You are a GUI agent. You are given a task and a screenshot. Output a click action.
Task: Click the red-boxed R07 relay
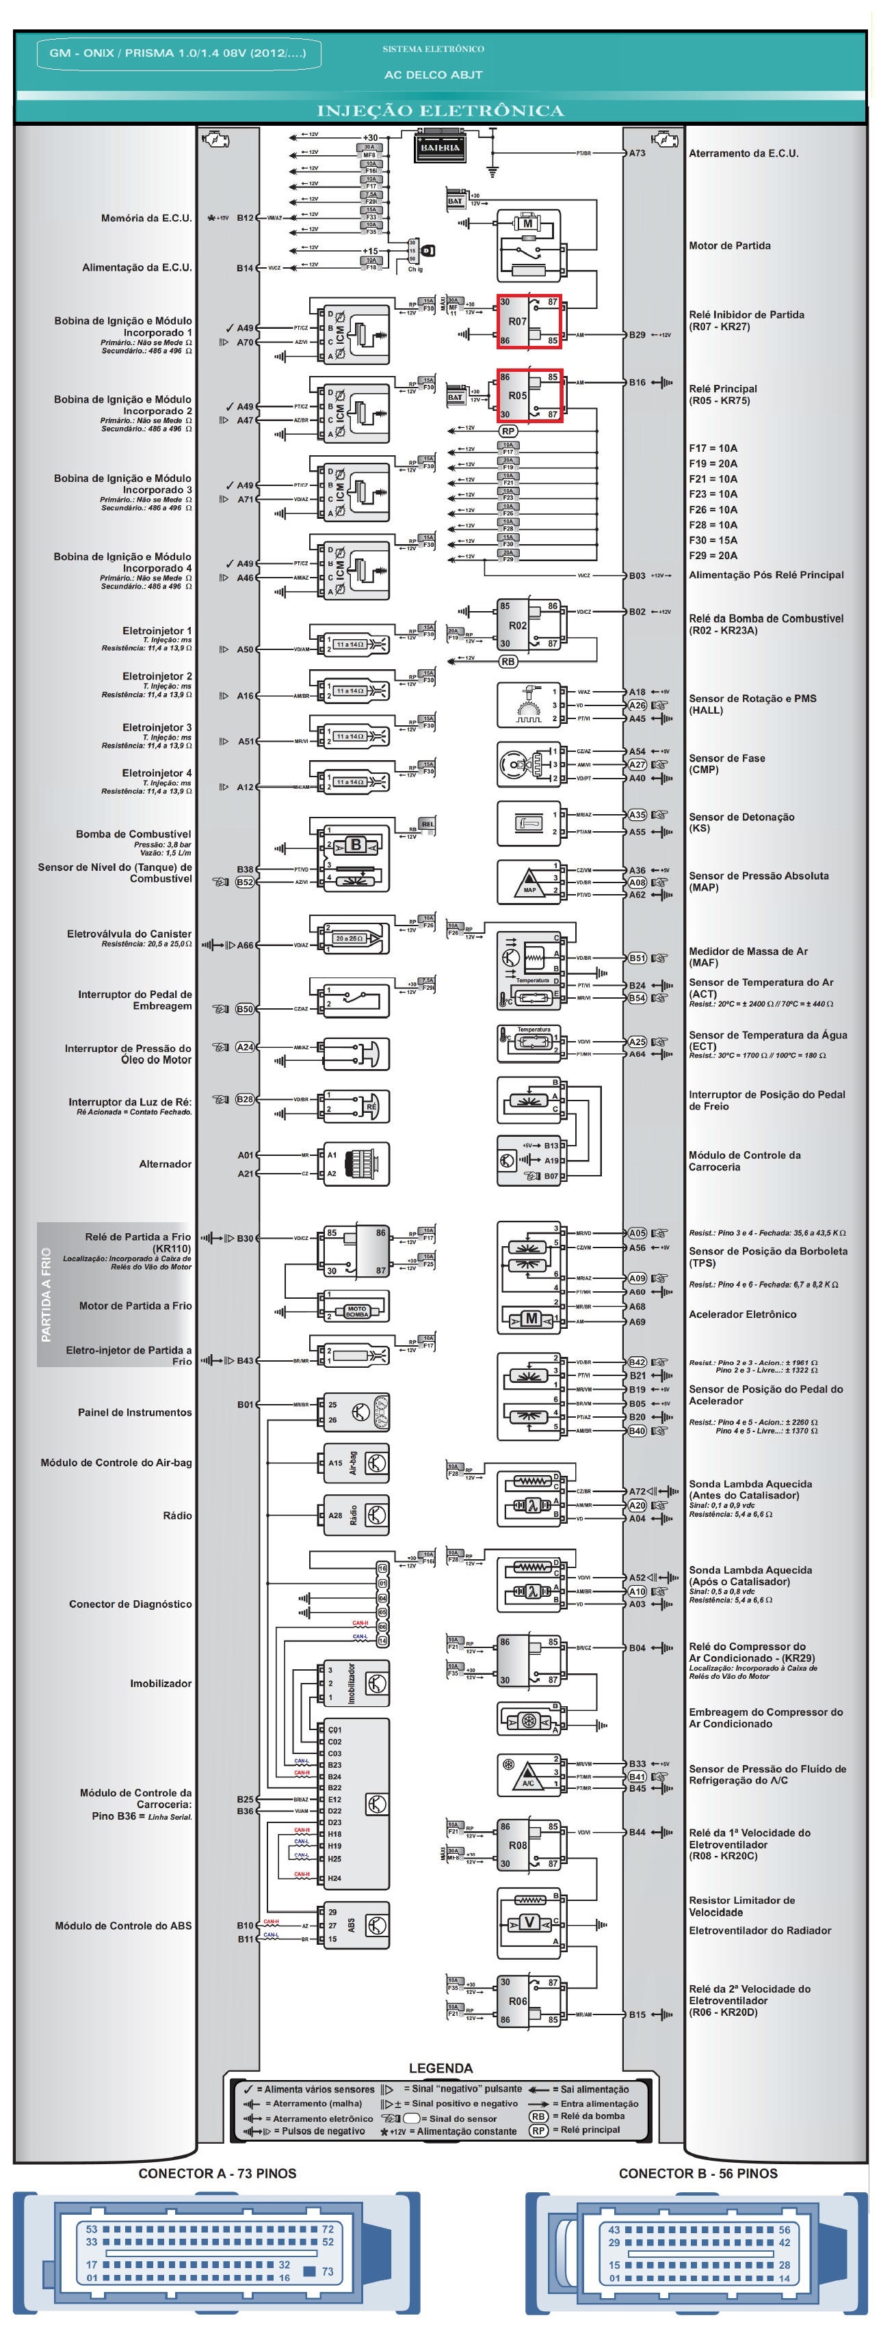pyautogui.click(x=529, y=321)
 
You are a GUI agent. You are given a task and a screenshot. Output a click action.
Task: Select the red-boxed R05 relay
pyautogui.click(x=529, y=395)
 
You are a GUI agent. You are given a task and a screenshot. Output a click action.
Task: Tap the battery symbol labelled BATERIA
pyautogui.click(x=440, y=148)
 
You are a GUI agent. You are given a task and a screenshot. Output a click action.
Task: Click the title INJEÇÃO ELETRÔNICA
pyautogui.click(x=440, y=111)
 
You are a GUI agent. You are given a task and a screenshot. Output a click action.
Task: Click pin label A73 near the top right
pyautogui.click(x=637, y=153)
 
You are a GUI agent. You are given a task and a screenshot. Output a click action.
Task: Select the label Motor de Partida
pyautogui.click(x=729, y=246)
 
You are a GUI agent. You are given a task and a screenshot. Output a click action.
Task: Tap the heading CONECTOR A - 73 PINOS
pyautogui.click(x=217, y=2173)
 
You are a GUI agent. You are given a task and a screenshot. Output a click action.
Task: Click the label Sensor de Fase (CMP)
pyautogui.click(x=726, y=763)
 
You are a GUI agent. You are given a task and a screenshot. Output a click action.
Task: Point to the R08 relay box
pyautogui.click(x=529, y=1845)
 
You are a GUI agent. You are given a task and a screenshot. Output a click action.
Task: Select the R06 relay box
pyautogui.click(x=529, y=2001)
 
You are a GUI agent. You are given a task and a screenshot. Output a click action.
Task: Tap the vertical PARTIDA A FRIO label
pyautogui.click(x=47, y=1294)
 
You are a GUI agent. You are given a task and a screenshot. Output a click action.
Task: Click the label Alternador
pyautogui.click(x=165, y=1164)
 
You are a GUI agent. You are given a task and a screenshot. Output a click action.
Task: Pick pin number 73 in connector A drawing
pyautogui.click(x=327, y=2271)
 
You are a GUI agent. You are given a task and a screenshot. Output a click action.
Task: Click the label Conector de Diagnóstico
pyautogui.click(x=130, y=1604)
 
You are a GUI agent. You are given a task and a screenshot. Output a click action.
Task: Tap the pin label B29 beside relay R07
pyautogui.click(x=637, y=335)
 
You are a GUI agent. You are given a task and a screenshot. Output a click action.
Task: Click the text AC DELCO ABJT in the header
pyautogui.click(x=433, y=75)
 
